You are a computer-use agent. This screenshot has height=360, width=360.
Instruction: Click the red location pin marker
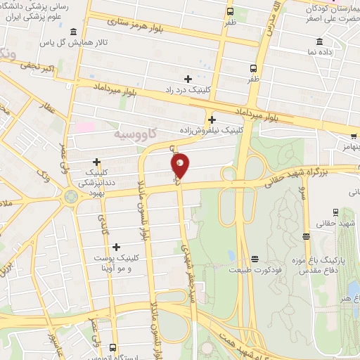coord(180,166)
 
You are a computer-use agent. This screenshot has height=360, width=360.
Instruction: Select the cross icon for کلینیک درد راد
coord(187,78)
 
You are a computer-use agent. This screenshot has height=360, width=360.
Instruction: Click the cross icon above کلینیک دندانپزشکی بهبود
coord(96,162)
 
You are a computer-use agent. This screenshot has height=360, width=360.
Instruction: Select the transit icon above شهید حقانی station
coord(335,211)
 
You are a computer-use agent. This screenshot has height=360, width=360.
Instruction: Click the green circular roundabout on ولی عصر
coord(71,195)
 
